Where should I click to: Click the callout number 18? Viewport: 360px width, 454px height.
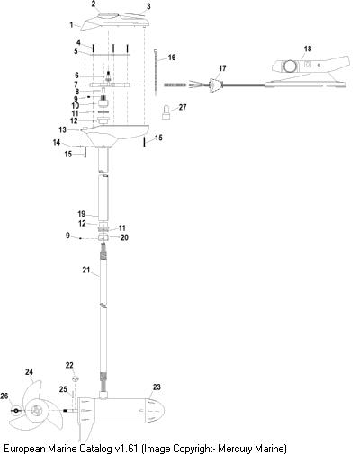[308, 49]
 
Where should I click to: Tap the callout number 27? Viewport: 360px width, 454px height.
[183, 107]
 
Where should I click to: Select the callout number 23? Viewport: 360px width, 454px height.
[157, 387]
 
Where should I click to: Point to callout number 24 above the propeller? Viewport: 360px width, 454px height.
[29, 372]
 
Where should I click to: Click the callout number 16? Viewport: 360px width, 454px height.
[172, 58]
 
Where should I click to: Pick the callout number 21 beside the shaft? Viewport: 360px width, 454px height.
[86, 270]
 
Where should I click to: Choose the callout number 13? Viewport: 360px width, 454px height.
[62, 129]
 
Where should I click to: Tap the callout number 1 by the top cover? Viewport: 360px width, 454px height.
[71, 24]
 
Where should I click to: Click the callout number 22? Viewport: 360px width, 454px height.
[69, 365]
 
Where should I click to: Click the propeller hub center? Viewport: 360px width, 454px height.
[38, 410]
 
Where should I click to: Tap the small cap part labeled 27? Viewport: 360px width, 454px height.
[166, 112]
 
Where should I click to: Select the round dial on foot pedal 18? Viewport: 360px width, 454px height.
[290, 67]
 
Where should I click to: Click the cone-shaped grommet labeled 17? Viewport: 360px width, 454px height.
[215, 85]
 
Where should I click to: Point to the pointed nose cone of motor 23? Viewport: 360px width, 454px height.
[155, 410]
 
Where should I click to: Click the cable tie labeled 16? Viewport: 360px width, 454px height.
[157, 72]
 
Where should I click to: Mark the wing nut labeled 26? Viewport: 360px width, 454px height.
[15, 411]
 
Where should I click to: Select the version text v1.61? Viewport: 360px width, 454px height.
[127, 448]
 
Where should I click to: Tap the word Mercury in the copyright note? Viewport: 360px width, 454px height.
[233, 449]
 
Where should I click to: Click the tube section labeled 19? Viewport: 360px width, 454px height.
[103, 197]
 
